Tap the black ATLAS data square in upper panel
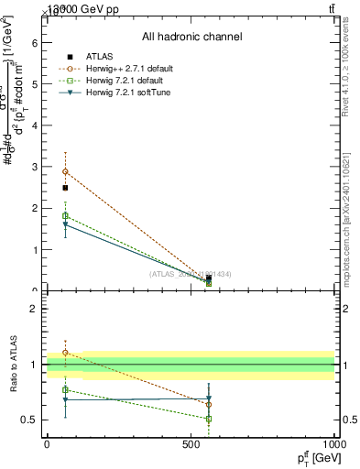coord(65,188)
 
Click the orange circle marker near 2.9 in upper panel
coord(65,171)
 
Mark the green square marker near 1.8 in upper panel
coord(65,215)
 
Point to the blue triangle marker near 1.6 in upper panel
coord(65,224)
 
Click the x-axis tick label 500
coord(191,443)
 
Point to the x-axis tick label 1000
coord(333,443)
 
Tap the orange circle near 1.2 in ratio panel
coord(65,352)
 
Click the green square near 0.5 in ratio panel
coord(209,419)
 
